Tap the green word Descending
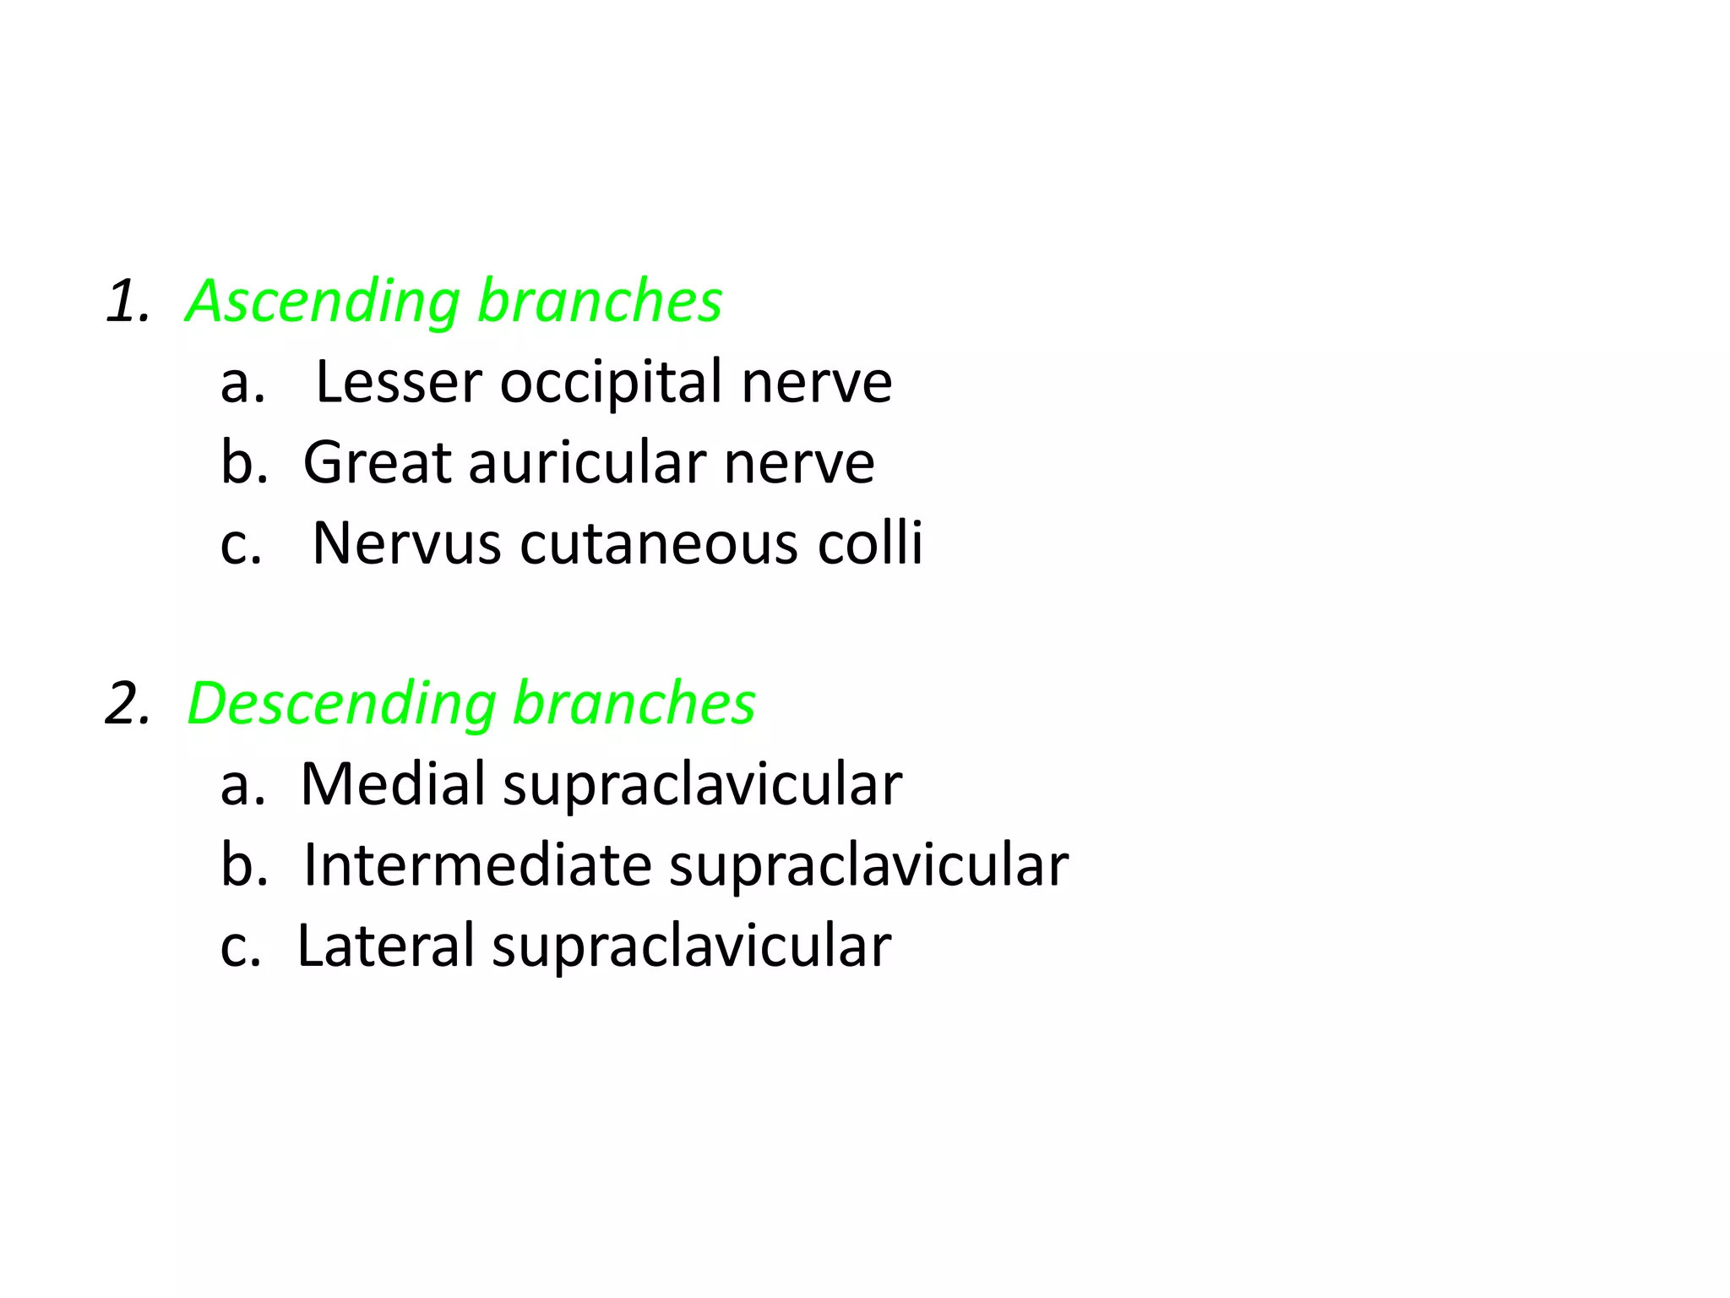click(x=341, y=705)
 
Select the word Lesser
click(x=398, y=383)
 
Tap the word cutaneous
click(x=659, y=543)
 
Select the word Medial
click(x=393, y=784)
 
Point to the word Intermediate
click(x=477, y=865)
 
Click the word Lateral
click(x=386, y=946)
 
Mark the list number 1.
click(x=128, y=303)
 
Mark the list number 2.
click(x=128, y=705)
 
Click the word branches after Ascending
click(x=600, y=301)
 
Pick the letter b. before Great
click(x=244, y=463)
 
